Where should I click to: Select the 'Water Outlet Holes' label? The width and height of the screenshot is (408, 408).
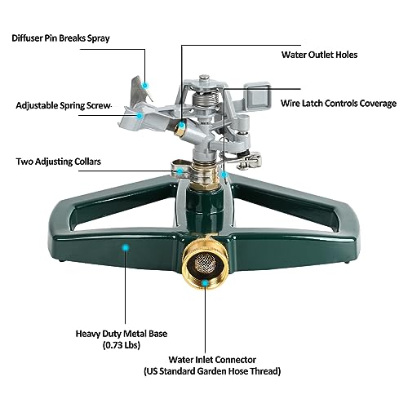tap(310, 55)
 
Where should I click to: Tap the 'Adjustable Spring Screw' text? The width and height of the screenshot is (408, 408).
tap(63, 105)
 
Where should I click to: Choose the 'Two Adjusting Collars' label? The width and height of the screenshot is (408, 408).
tap(59, 162)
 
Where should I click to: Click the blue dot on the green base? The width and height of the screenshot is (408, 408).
tap(124, 245)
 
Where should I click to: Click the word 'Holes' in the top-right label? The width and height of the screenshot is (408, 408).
tap(343, 55)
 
